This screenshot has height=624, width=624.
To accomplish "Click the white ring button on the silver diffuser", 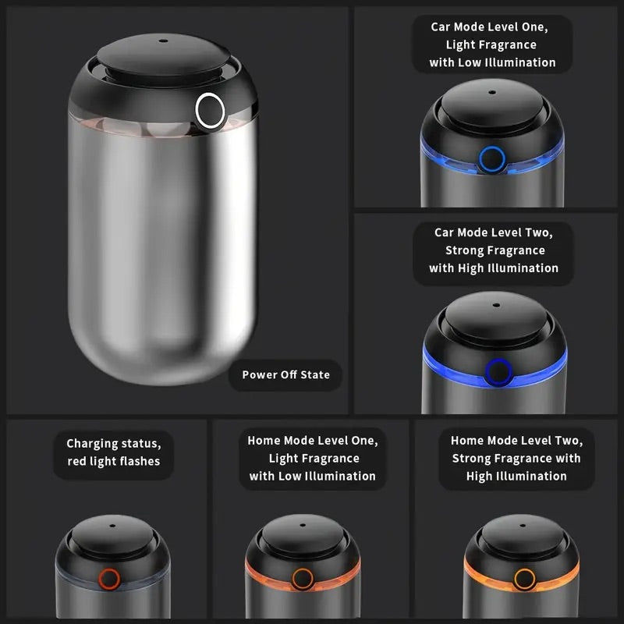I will point(210,109).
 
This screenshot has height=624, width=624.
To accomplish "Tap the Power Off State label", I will point(285,374).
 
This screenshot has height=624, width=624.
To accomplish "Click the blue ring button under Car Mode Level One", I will point(491,159).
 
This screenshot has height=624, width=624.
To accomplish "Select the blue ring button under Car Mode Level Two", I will point(495,370).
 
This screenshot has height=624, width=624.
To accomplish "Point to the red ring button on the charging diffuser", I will point(108,578).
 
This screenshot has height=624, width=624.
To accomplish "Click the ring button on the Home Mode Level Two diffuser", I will point(525,578).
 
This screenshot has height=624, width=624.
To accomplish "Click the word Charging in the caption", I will point(91,444).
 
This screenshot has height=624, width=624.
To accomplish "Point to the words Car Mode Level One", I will point(490,27).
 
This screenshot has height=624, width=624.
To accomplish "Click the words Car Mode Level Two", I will point(493,232).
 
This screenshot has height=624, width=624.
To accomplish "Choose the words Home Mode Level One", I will point(312,441).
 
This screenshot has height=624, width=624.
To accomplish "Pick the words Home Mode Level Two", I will point(516,441).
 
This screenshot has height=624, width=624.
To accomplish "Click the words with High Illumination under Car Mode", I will point(493,268).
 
